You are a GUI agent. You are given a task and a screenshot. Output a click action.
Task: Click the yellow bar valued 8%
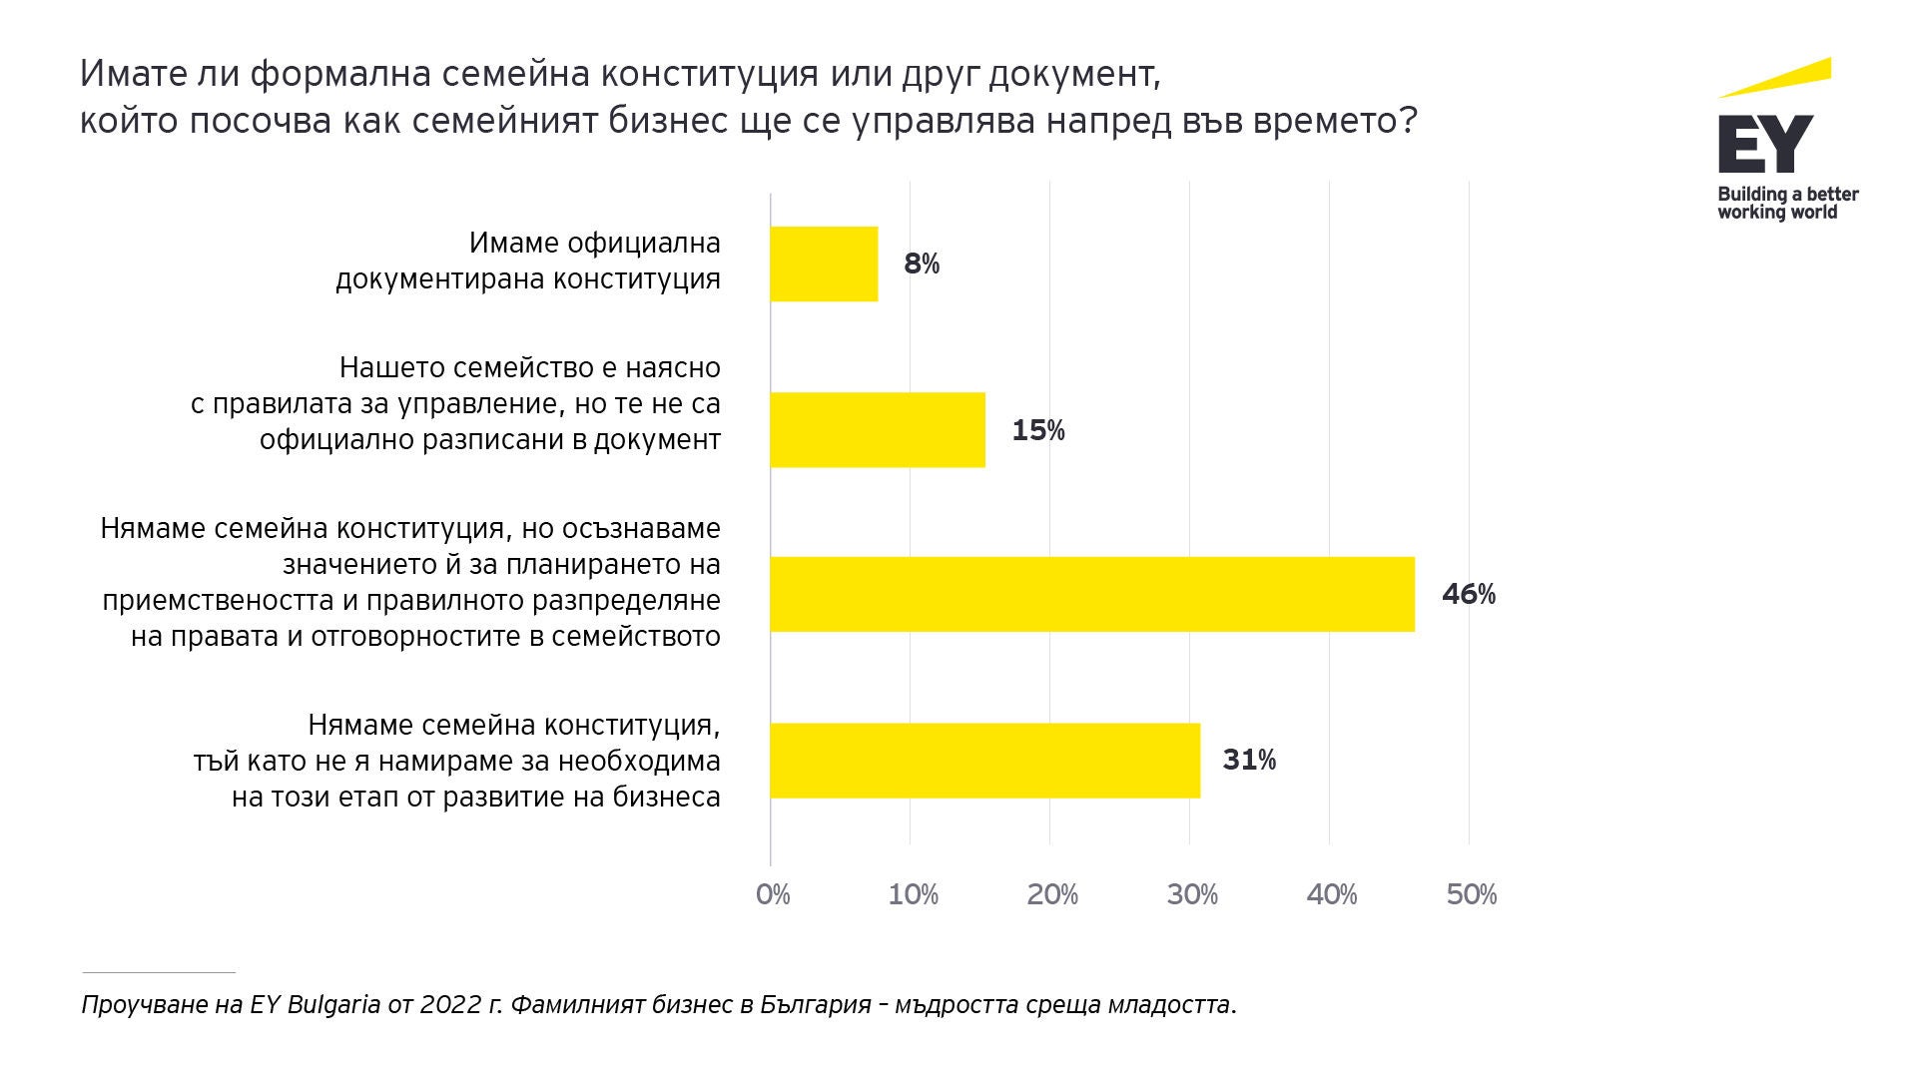824,265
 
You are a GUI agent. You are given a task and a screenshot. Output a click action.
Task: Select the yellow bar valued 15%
878,429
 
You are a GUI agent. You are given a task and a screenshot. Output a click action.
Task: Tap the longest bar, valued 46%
1092,594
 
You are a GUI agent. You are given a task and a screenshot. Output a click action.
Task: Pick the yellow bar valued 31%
984,760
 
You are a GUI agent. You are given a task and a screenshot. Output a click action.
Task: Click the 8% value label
922,265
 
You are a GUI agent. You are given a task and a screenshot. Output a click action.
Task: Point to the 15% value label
1038,430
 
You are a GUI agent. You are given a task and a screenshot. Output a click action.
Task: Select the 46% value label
1469,595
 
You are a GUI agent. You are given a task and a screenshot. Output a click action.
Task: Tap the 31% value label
1249,761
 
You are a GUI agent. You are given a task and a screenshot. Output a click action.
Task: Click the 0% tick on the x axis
773,894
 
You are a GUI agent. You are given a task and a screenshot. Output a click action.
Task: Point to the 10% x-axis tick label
913,894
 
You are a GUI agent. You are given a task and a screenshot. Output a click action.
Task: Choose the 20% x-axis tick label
1052,894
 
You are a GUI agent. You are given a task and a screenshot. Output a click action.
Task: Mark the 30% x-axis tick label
1192,894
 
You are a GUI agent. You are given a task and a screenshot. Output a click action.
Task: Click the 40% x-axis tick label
1332,894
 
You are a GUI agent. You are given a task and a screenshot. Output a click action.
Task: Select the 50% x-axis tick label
1472,894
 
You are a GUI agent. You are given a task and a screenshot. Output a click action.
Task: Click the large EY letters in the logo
1765,146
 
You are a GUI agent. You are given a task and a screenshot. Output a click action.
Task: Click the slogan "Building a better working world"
1787,203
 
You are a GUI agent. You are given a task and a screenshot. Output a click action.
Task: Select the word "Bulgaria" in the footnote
333,1004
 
